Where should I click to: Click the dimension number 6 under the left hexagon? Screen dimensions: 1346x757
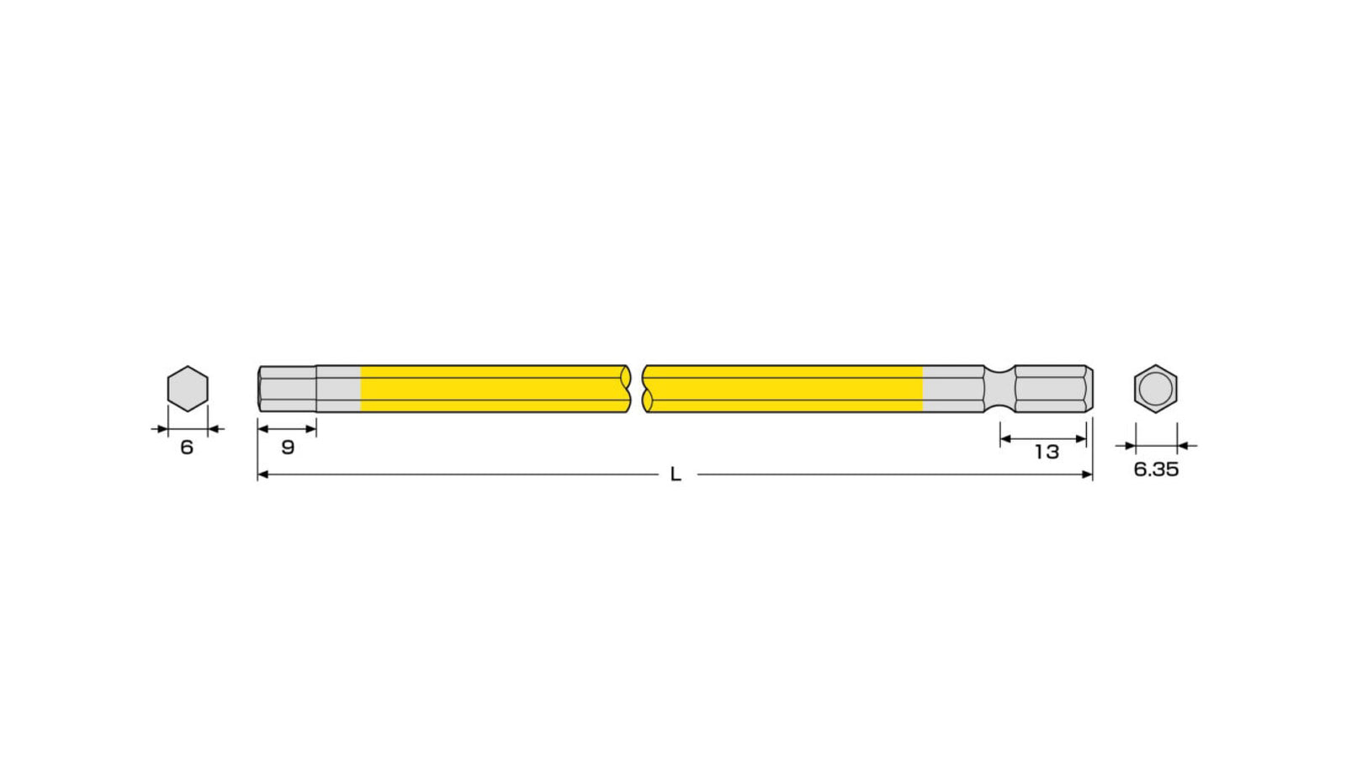[x=187, y=447]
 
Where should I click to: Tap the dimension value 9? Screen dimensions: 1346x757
[x=288, y=447]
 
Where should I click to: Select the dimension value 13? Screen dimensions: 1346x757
[x=1047, y=452]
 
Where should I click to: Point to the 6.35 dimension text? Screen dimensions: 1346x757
[x=1156, y=469]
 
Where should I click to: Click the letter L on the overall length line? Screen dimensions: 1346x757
[x=676, y=474]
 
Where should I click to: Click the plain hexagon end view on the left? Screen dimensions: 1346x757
[x=188, y=389]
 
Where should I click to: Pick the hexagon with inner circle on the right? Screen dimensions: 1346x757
[x=1156, y=389]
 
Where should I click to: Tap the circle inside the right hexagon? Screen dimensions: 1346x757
[x=1156, y=389]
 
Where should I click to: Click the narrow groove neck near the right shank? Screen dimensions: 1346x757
[x=999, y=389]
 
